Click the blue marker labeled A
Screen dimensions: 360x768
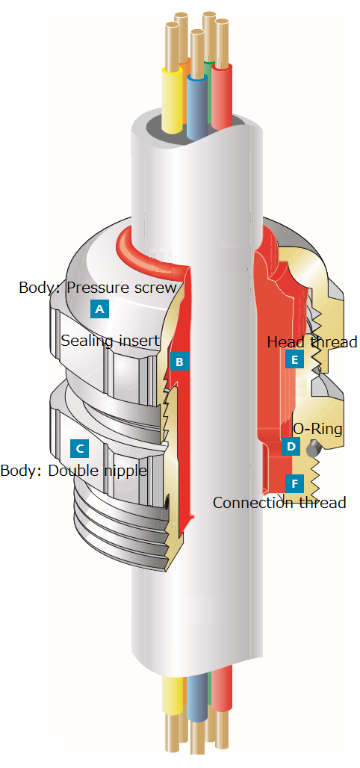99,309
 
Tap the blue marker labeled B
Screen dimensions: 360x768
179,362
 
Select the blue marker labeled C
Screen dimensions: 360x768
80,448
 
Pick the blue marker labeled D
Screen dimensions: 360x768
291,446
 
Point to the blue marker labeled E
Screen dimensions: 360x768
294,361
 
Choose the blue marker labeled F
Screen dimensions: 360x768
294,484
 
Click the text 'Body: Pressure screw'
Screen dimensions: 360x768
98,287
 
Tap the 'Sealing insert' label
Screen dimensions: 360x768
111,340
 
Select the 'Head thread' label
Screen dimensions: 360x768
312,341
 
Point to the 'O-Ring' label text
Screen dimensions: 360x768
317,429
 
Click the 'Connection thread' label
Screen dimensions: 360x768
279,503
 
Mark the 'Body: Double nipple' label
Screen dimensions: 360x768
73,471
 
